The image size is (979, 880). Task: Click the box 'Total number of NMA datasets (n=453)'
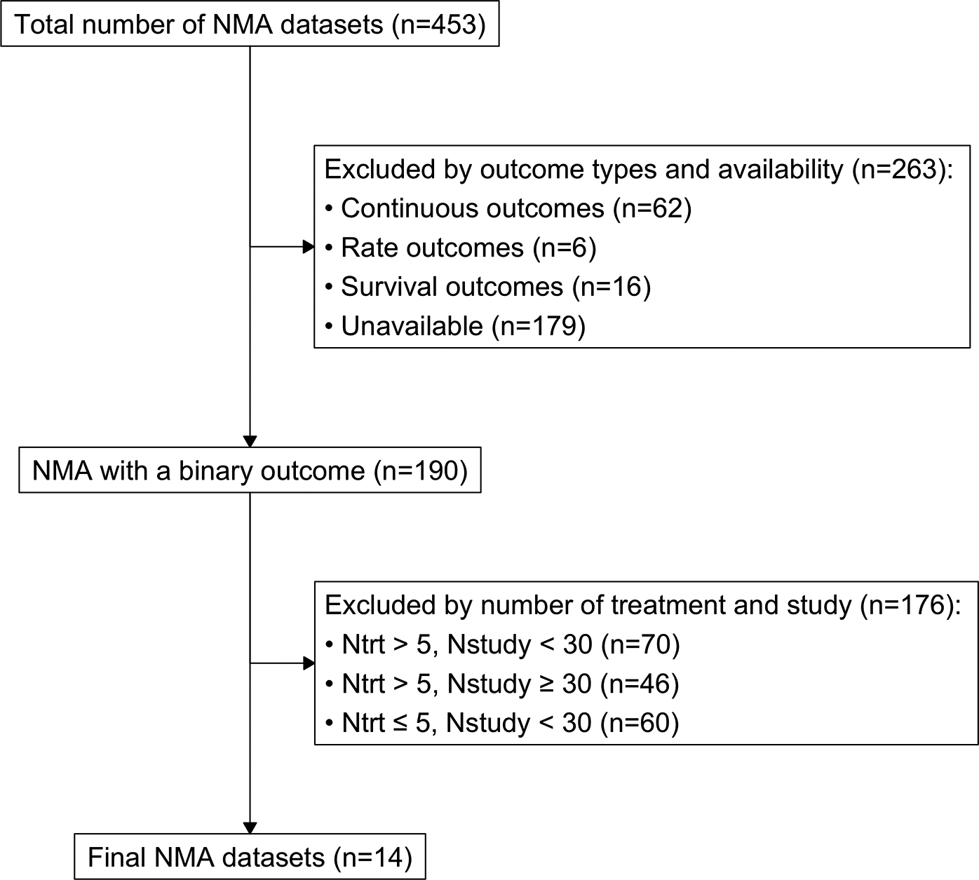tap(250, 23)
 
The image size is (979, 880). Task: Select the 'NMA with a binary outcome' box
tap(250, 470)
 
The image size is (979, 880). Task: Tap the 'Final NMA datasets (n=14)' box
tap(250, 856)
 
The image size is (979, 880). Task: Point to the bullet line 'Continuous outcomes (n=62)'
tap(508, 208)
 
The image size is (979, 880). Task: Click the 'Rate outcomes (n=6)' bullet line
tap(461, 248)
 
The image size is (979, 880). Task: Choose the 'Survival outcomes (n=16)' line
tap(488, 287)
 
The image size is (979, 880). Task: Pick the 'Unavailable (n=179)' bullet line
tap(455, 325)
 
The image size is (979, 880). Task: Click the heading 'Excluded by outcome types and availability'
tap(583, 170)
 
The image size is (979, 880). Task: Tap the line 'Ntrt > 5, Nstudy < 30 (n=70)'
tap(503, 644)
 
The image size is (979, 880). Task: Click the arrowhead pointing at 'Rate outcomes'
tap(309, 247)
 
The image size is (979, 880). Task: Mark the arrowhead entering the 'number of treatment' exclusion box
tap(309, 663)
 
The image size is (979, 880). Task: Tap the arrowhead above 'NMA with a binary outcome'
tap(250, 441)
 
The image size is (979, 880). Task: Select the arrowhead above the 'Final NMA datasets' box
tap(250, 828)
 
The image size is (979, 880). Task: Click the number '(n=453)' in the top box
tap(439, 24)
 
